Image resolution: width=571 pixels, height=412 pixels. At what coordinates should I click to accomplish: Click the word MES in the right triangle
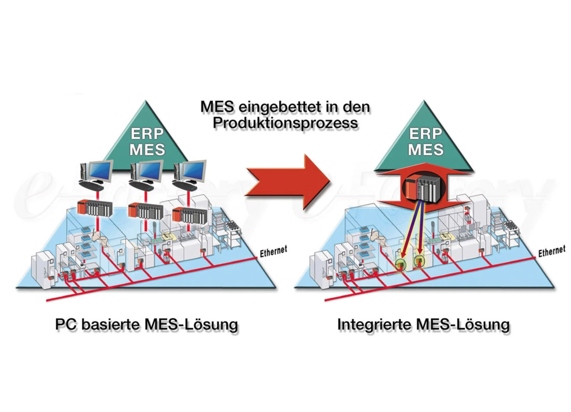click(x=426, y=149)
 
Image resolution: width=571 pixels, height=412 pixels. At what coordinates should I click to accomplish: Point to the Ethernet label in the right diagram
click(x=551, y=251)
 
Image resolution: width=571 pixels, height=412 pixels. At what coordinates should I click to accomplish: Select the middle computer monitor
click(x=148, y=170)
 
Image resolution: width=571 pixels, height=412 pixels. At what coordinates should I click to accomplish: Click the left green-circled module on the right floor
click(x=401, y=263)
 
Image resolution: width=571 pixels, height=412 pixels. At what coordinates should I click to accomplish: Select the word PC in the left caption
click(x=65, y=324)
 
